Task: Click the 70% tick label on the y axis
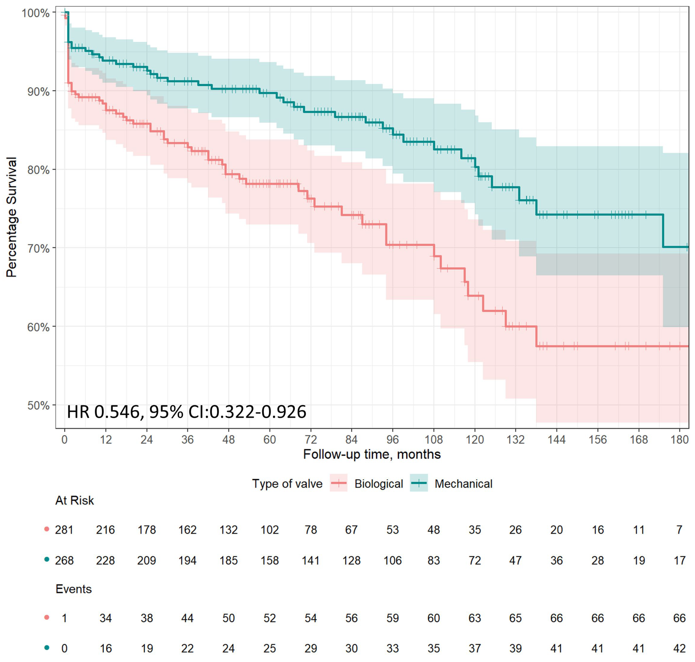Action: pyautogui.click(x=38, y=248)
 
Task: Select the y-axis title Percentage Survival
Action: pyautogui.click(x=12, y=217)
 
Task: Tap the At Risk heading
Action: pyautogui.click(x=74, y=500)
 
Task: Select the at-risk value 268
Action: pyautogui.click(x=64, y=560)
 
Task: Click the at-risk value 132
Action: pyautogui.click(x=228, y=530)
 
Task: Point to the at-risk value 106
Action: pyautogui.click(x=393, y=560)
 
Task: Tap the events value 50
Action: pyautogui.click(x=228, y=618)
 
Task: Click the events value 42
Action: pyautogui.click(x=679, y=648)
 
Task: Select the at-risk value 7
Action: pyautogui.click(x=679, y=530)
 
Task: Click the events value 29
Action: pyautogui.click(x=310, y=648)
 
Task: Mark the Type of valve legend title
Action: pyautogui.click(x=287, y=483)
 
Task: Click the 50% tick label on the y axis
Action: pyautogui.click(x=38, y=406)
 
